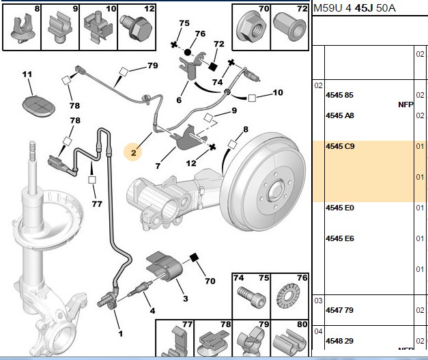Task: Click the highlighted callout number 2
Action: (133, 153)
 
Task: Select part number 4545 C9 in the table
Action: (340, 146)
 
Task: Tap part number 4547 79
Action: (339, 310)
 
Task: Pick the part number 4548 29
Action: (339, 341)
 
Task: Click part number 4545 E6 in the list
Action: (340, 238)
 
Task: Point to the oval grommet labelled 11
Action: (38, 106)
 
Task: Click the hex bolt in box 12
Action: (137, 27)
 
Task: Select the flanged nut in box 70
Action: (251, 28)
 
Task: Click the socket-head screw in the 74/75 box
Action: (251, 298)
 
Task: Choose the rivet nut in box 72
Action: (289, 27)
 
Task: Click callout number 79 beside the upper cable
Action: (153, 66)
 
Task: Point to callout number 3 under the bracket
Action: (186, 299)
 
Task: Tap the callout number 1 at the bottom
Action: (120, 333)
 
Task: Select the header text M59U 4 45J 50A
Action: (354, 8)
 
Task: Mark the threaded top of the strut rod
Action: (33, 151)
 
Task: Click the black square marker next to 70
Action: (194, 258)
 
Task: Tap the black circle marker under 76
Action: (188, 52)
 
